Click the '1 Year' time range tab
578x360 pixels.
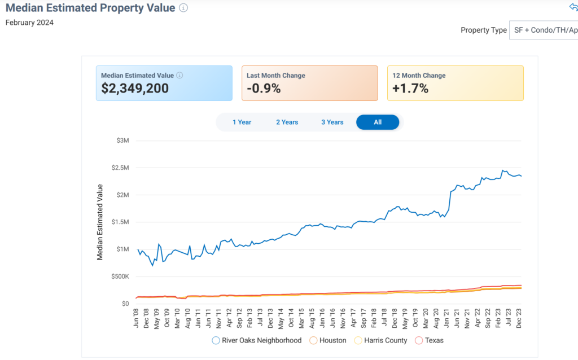pyautogui.click(x=242, y=122)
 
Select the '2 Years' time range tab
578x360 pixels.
pyautogui.click(x=287, y=122)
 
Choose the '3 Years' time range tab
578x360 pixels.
pyautogui.click(x=332, y=122)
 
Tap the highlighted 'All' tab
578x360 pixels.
pyautogui.click(x=378, y=122)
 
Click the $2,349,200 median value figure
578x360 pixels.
pyautogui.click(x=135, y=89)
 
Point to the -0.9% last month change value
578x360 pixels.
pyautogui.click(x=264, y=89)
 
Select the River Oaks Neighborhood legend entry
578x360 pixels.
pyautogui.click(x=257, y=341)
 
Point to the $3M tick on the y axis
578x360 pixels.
pyautogui.click(x=122, y=141)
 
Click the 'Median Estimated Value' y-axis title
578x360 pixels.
pyautogui.click(x=100, y=222)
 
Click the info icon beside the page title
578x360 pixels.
pyautogui.click(x=183, y=8)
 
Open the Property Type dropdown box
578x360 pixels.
pyautogui.click(x=543, y=30)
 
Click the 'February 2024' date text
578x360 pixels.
pyautogui.click(x=29, y=23)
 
